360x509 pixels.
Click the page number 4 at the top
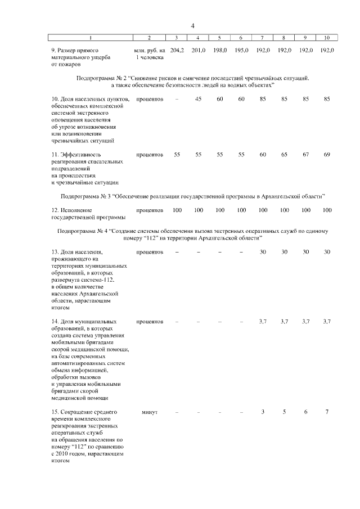(x=192, y=26)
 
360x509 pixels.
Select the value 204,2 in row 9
(x=177, y=51)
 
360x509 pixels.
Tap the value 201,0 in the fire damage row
(x=198, y=51)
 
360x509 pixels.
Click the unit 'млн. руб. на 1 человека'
(x=150, y=54)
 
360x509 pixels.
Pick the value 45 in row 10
(x=198, y=99)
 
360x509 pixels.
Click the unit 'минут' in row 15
(x=150, y=412)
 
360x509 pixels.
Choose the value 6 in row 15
(x=305, y=412)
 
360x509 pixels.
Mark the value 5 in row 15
(x=284, y=412)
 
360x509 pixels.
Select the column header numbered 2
(x=150, y=38)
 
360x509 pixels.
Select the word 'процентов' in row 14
(x=150, y=321)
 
